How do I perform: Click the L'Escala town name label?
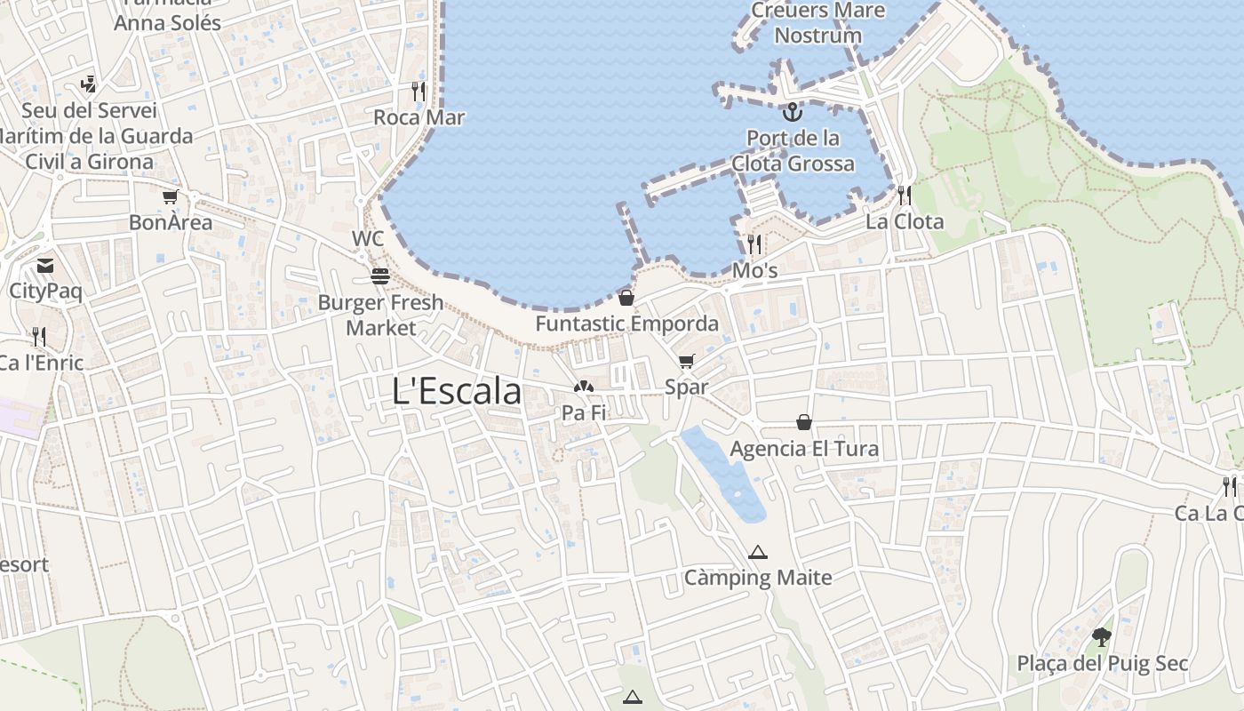tap(457, 391)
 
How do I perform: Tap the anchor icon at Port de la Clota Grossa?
tap(791, 112)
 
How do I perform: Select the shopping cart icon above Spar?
tap(686, 361)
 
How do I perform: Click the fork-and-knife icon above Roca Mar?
tap(419, 91)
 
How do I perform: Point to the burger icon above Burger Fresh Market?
tap(380, 276)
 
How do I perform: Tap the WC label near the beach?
tap(368, 238)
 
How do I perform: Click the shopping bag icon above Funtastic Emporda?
tap(626, 298)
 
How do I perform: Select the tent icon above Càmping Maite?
tap(757, 552)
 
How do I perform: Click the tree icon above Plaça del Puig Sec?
tap(1102, 636)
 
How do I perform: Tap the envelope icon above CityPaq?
tap(45, 265)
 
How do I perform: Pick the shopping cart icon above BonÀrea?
tap(170, 196)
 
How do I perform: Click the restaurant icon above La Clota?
tap(905, 195)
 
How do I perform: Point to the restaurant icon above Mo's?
tap(754, 244)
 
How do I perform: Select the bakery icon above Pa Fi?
tap(584, 387)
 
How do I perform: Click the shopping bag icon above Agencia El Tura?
tap(804, 422)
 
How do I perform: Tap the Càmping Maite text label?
tap(758, 578)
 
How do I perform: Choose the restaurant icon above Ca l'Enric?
tap(39, 336)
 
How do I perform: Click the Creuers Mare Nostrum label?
tap(817, 23)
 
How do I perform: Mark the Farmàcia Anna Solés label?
tap(167, 18)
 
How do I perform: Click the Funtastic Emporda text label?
tap(626, 324)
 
